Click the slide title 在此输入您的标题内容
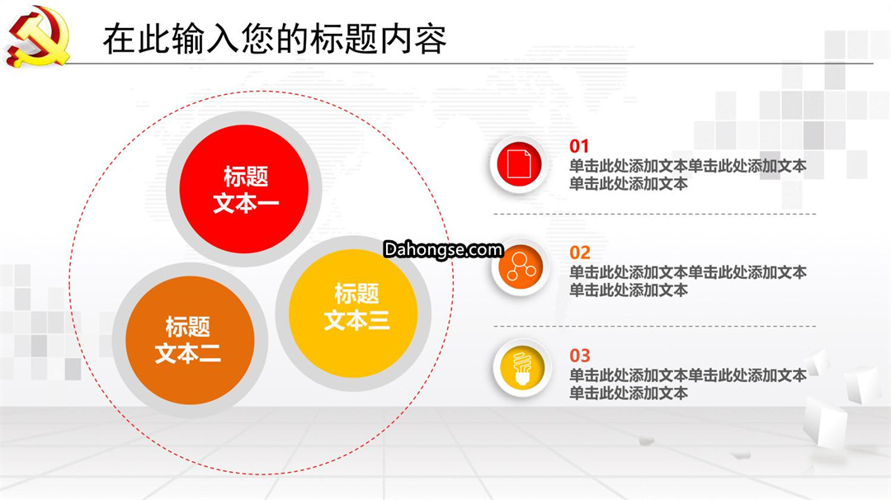[x=275, y=39]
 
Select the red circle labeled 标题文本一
[x=244, y=189]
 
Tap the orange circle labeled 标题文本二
[x=190, y=340]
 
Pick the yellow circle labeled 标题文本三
[x=353, y=313]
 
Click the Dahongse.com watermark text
[x=443, y=249]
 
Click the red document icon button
[x=519, y=164]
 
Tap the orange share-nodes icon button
[x=521, y=267]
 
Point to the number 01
[x=579, y=146]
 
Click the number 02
[x=580, y=252]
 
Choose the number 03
[x=580, y=356]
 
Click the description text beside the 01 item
[x=687, y=174]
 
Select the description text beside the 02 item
[x=687, y=281]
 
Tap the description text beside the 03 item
[x=687, y=384]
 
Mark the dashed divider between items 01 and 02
[x=654, y=215]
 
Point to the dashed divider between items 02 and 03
[x=654, y=326]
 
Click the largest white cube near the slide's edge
[x=826, y=422]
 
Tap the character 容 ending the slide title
[x=430, y=39]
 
